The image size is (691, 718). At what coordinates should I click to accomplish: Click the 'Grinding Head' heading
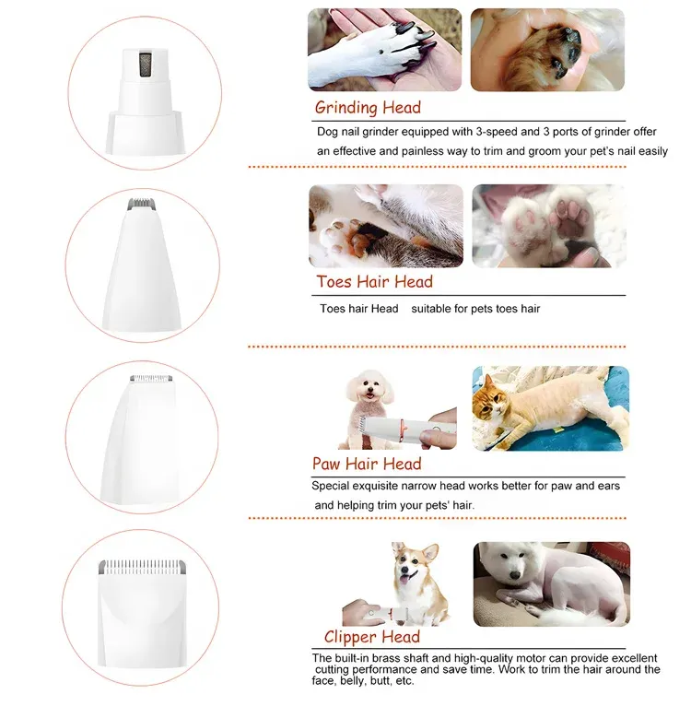(368, 108)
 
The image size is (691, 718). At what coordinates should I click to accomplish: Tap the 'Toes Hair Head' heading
(374, 282)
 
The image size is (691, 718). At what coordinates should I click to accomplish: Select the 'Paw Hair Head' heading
(367, 464)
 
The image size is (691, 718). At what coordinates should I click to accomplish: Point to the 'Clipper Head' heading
(371, 637)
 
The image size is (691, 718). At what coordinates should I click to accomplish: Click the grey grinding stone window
(145, 64)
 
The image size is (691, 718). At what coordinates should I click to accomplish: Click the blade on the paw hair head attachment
(151, 378)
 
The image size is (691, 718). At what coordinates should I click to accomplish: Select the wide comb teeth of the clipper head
(142, 567)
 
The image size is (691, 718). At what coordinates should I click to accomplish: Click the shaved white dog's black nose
(515, 575)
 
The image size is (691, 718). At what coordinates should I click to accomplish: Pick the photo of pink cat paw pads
(549, 226)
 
